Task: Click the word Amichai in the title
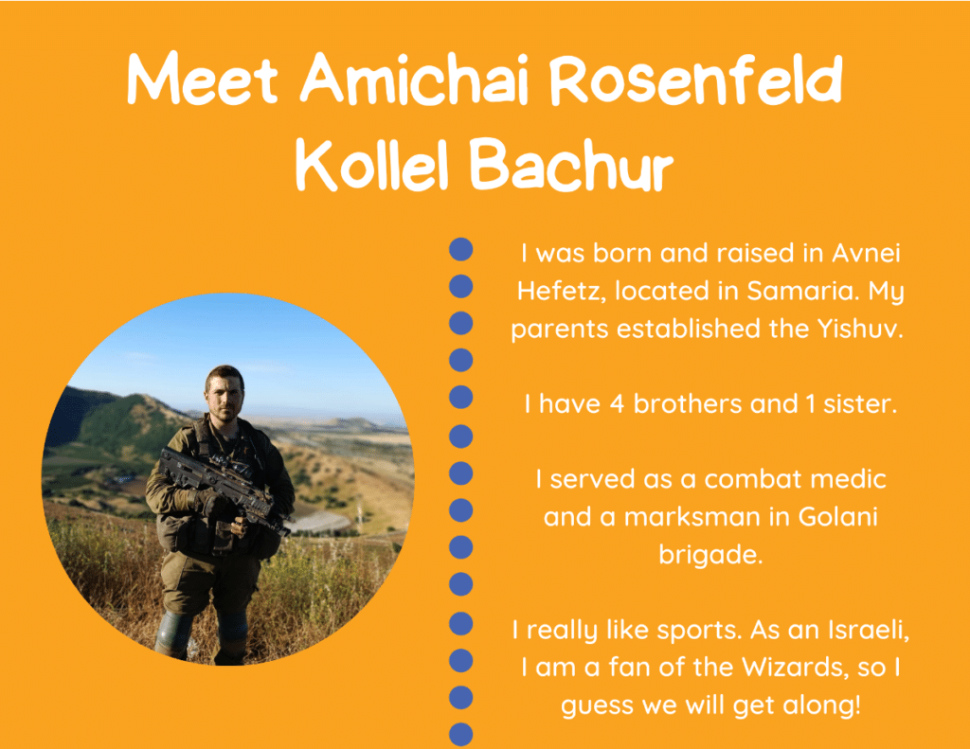(x=414, y=79)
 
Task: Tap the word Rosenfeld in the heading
(x=696, y=80)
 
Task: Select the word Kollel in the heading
(x=371, y=164)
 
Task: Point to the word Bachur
(x=571, y=164)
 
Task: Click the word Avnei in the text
(x=866, y=253)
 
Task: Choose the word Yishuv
(x=860, y=329)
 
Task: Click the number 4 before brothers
(x=617, y=404)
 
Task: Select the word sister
(x=860, y=404)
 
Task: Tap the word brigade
(x=710, y=555)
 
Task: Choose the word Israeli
(x=869, y=630)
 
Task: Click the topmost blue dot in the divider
(x=461, y=249)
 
